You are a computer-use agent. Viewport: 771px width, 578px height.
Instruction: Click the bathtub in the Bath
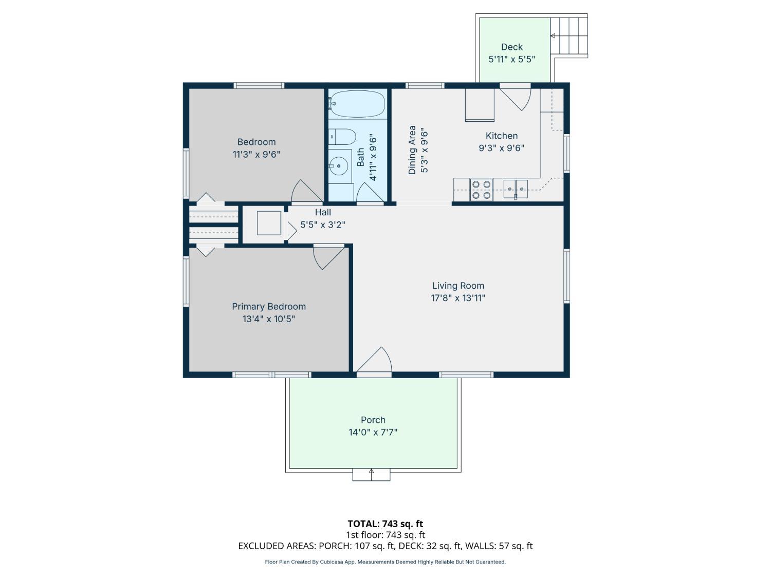357,104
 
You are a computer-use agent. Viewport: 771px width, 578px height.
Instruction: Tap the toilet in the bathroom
342,137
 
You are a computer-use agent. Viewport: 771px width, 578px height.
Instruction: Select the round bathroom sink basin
339,165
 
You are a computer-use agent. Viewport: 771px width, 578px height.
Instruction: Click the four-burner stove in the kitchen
481,190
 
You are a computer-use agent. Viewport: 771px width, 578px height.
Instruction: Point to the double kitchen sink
516,189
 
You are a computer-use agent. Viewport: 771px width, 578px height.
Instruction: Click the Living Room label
458,286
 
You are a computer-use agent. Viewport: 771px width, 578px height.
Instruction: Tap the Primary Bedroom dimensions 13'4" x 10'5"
269,319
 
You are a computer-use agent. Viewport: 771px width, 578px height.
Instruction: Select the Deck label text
512,47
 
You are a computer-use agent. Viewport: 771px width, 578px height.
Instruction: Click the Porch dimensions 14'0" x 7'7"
373,432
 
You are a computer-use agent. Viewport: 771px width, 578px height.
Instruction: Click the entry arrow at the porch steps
371,474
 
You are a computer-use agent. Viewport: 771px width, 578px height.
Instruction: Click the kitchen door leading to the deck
516,99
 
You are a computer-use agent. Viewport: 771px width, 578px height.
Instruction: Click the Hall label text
323,212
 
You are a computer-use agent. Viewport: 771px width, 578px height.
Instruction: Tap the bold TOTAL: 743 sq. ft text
385,524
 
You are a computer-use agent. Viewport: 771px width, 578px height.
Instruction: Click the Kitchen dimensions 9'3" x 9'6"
502,148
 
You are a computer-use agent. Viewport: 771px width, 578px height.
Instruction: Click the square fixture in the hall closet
269,223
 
